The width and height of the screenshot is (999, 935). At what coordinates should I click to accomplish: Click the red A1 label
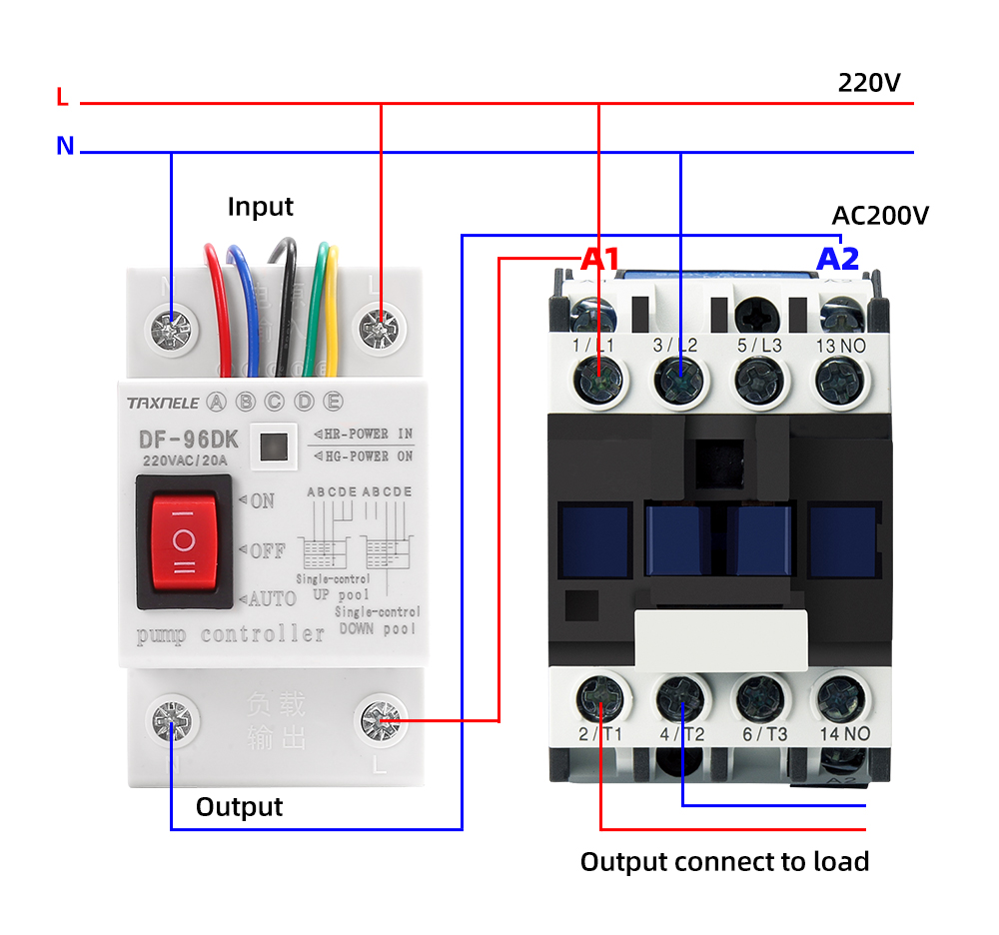[600, 260]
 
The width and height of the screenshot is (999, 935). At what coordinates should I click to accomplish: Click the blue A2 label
[837, 260]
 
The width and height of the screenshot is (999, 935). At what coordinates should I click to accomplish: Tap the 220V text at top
[869, 82]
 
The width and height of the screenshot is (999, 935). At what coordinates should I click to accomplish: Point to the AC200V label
[880, 216]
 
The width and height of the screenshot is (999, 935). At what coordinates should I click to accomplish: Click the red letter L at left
[63, 98]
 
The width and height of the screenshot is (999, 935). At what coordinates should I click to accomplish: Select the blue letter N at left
[65, 147]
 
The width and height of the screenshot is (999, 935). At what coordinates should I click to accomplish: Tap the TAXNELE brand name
[162, 403]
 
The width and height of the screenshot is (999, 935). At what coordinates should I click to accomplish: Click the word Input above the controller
[260, 207]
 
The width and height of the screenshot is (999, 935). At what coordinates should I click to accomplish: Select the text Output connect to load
[724, 861]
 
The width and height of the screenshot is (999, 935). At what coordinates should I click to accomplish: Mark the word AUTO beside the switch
[271, 598]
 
